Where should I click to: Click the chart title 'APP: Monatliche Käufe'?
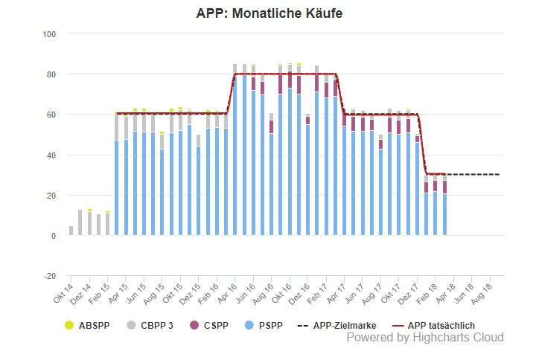[x=269, y=14]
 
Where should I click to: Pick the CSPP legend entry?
[x=208, y=325]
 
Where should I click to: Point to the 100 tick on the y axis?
[x=50, y=34]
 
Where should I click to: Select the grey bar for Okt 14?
[x=71, y=231]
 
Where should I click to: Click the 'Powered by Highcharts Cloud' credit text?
[x=425, y=338]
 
